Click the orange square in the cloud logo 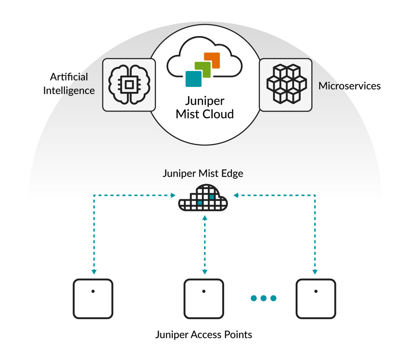[212, 60]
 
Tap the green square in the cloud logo [203, 70]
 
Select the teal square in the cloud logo [193, 79]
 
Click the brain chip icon [129, 84]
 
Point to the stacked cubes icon [286, 84]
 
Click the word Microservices [349, 86]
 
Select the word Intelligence [69, 91]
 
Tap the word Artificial [69, 77]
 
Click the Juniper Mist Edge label [203, 174]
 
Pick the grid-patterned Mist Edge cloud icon [203, 198]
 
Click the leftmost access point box [93, 299]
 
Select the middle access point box [204, 299]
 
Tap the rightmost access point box [316, 299]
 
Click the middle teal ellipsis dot [264, 298]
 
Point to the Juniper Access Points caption [203, 335]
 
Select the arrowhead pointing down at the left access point [94, 272]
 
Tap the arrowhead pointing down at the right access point [315, 272]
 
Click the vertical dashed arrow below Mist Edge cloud [205, 245]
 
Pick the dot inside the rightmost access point [316, 291]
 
